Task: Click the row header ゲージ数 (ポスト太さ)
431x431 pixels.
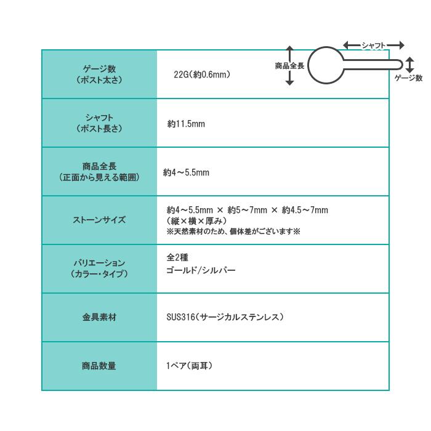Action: point(99,75)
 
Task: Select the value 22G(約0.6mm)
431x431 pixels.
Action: point(202,75)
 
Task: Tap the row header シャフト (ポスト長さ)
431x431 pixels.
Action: point(99,123)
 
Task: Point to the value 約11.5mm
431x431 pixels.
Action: point(186,124)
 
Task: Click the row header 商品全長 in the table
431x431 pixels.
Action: point(99,166)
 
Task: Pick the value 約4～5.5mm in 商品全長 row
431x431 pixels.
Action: point(186,172)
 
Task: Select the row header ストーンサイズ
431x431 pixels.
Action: point(99,220)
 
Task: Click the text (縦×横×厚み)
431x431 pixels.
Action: point(197,220)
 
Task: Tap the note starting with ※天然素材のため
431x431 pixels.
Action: point(233,232)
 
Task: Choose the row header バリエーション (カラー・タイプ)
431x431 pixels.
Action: point(99,268)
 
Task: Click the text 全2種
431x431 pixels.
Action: point(177,257)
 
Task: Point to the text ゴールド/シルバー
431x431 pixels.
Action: point(201,270)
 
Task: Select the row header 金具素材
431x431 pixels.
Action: point(99,317)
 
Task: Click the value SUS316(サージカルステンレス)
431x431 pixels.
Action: point(225,317)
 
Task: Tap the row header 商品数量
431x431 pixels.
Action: point(99,366)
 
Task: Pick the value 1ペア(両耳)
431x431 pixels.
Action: point(189,366)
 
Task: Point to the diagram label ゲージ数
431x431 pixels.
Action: point(408,78)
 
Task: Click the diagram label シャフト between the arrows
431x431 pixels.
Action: point(374,45)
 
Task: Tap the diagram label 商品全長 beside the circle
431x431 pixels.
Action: point(290,66)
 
